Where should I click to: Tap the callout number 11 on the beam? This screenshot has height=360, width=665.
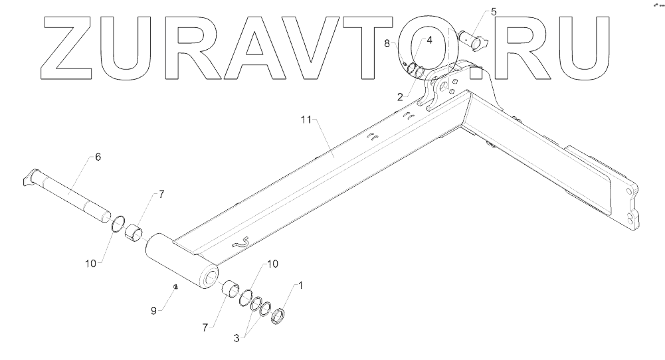(x=306, y=120)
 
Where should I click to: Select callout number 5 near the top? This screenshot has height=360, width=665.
(x=493, y=11)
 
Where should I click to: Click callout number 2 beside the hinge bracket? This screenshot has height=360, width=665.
(x=400, y=96)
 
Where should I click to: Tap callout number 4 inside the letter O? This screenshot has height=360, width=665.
(x=429, y=40)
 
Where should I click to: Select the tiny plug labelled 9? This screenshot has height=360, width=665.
(x=175, y=287)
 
